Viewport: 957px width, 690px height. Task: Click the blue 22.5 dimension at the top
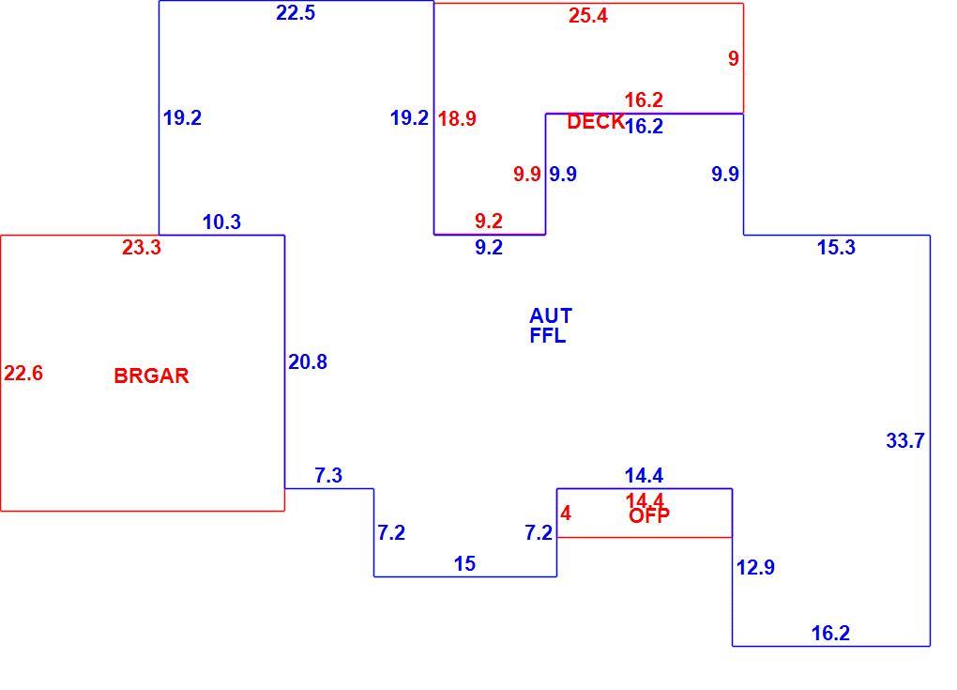296,13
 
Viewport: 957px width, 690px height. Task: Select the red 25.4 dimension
587,16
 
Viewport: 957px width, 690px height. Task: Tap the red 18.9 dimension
457,118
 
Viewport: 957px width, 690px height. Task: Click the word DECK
595,121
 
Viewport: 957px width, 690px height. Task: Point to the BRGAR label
151,376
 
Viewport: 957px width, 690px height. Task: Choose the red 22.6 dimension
23,373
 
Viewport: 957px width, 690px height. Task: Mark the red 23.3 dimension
142,247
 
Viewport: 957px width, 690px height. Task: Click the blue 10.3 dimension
221,222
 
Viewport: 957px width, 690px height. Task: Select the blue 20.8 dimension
308,362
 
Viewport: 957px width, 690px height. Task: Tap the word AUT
551,315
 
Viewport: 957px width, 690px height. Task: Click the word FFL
548,336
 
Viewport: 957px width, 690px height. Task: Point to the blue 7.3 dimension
328,475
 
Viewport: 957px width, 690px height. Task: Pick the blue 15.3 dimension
836,247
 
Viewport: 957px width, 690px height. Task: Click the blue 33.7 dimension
905,440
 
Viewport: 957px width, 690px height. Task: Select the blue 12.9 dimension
755,567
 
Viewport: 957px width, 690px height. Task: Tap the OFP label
648,516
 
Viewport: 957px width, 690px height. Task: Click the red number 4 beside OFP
566,514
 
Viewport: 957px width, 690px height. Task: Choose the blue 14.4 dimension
644,475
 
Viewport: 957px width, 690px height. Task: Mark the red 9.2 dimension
489,221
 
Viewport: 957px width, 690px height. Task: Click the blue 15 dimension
464,563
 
